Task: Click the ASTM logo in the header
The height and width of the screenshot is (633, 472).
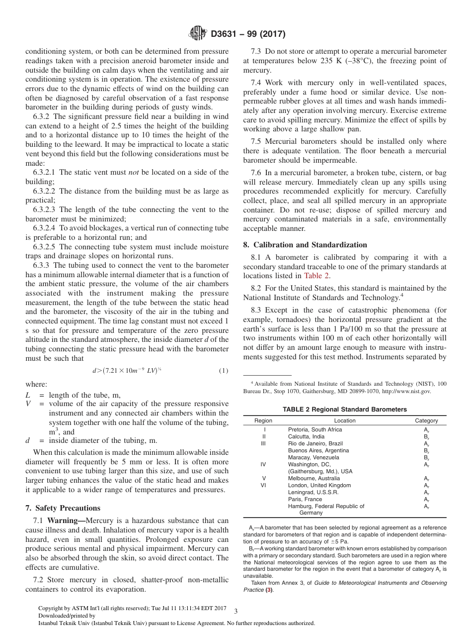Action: tap(198, 34)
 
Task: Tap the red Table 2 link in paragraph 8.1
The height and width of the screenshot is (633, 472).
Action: tap(316, 276)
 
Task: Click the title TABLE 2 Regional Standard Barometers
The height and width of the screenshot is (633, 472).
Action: tap(344, 410)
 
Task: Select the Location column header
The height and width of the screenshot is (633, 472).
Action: tap(344, 421)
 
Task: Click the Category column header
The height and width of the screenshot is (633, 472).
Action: tap(426, 421)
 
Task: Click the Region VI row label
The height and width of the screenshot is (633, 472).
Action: tap(263, 485)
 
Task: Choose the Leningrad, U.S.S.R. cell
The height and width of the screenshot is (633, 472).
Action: tap(313, 492)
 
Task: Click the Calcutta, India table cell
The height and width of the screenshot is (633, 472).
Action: tap(306, 436)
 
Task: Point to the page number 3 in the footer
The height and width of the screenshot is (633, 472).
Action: tap(236, 611)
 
